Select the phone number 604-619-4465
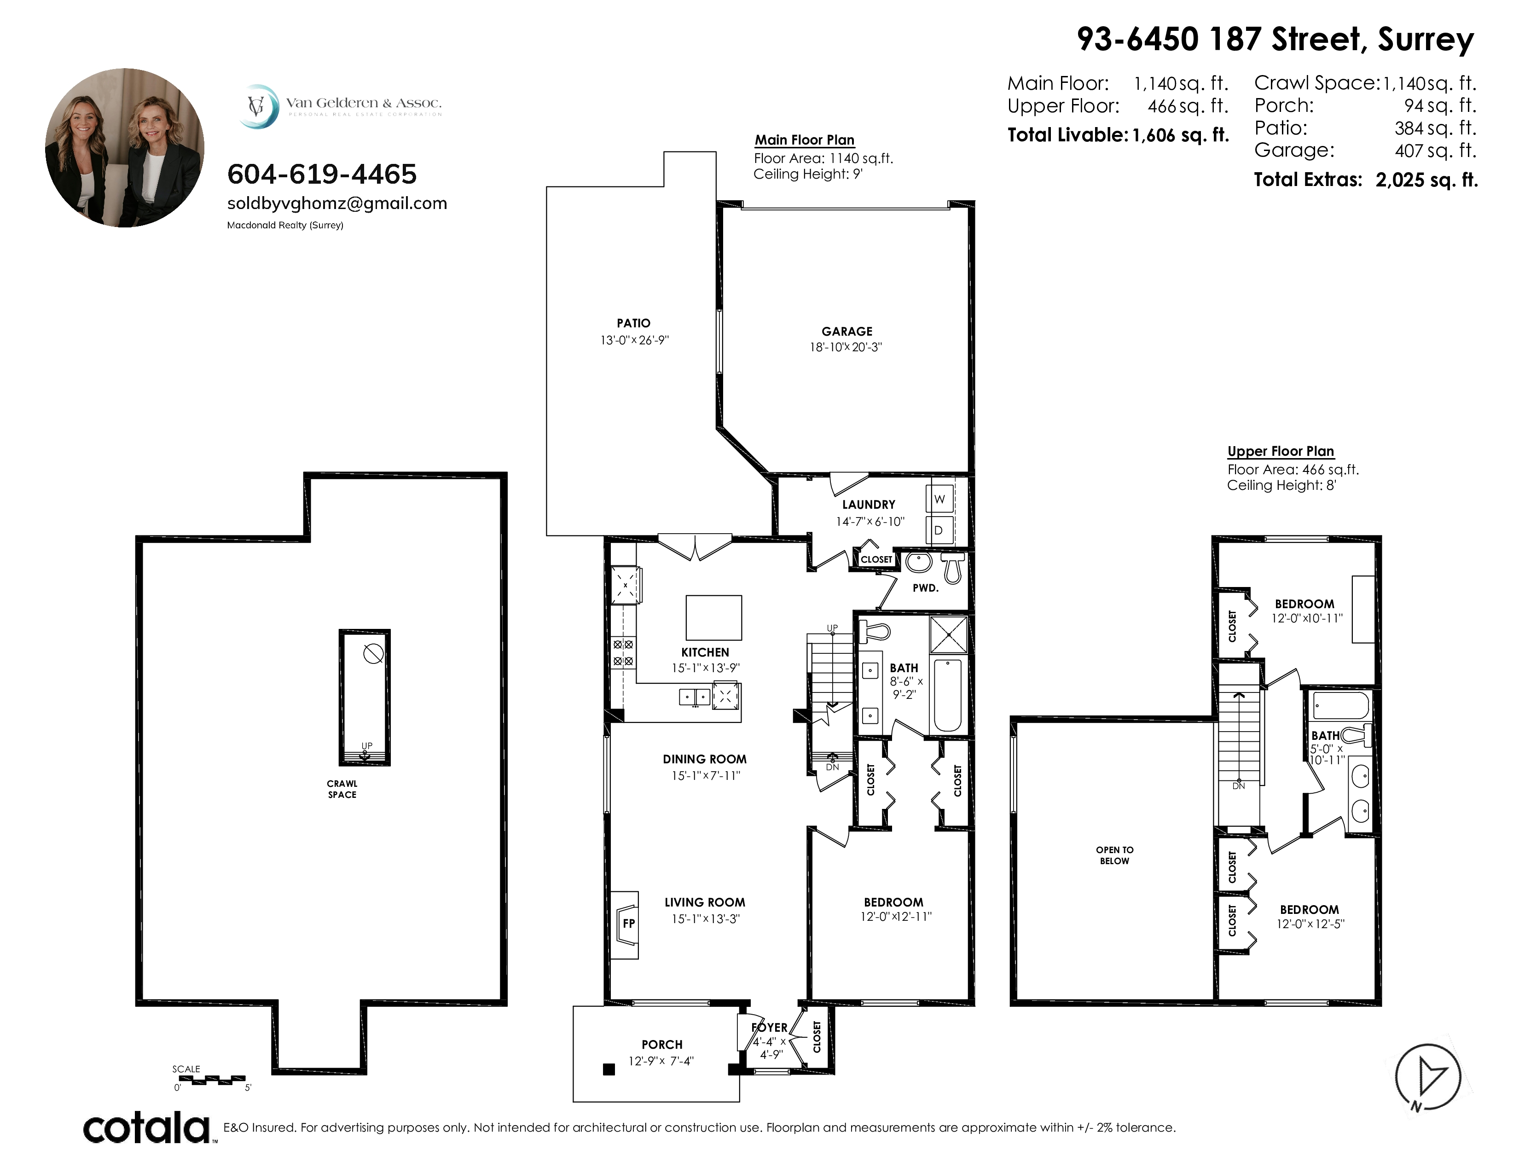pos(322,174)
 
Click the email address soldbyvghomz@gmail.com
pos(337,204)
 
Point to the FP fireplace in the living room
pos(626,924)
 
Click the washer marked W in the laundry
pos(939,500)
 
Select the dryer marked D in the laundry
pos(939,530)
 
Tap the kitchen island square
pos(713,617)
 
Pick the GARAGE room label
pos(846,332)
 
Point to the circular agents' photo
pos(125,147)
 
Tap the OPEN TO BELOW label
pos(1114,855)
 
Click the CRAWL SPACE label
pos(342,790)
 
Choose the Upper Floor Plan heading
pos(1281,451)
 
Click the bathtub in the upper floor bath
pos(1340,706)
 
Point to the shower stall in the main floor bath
pos(949,635)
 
